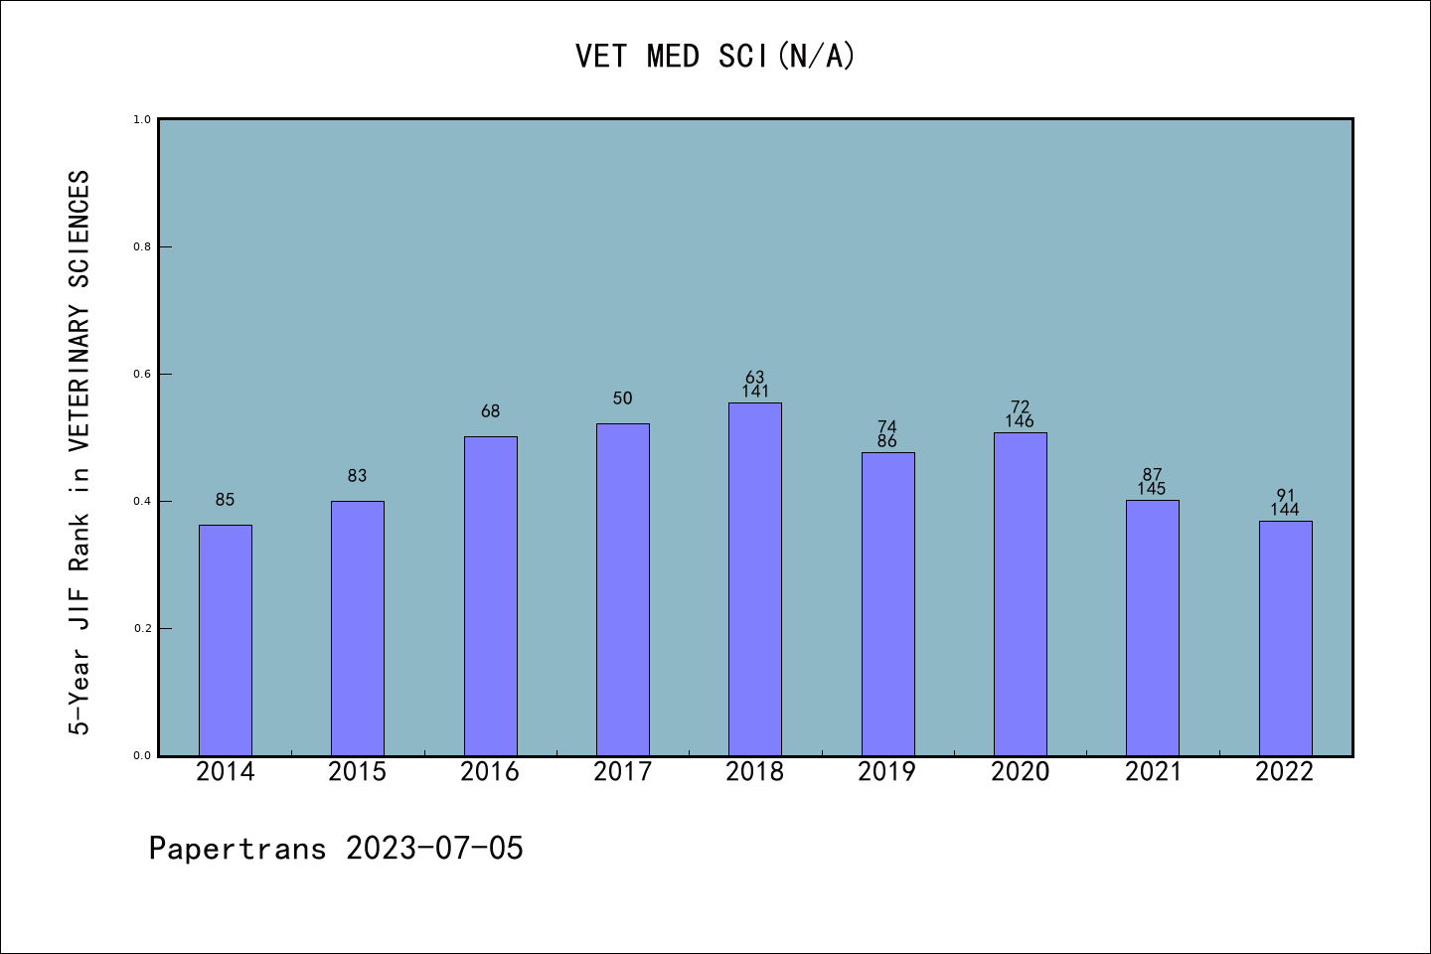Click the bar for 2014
[x=226, y=640]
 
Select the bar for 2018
[x=755, y=578]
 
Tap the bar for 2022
[x=1285, y=638]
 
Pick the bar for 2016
[x=490, y=596]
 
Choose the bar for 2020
[x=1021, y=594]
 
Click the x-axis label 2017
[x=622, y=772]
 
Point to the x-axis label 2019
[x=887, y=772]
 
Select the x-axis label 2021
[x=1153, y=772]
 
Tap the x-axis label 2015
[x=358, y=772]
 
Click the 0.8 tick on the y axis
[x=142, y=246]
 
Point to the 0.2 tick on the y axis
[x=142, y=628]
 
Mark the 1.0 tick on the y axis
[x=142, y=119]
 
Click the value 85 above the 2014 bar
[x=226, y=500]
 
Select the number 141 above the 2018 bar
[x=755, y=392]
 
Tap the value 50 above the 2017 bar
[x=622, y=398]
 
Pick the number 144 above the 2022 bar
[x=1285, y=510]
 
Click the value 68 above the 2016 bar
[x=490, y=411]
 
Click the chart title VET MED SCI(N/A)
[x=715, y=57]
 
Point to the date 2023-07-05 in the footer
[x=434, y=849]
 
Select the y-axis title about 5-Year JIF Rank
[x=79, y=452]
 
